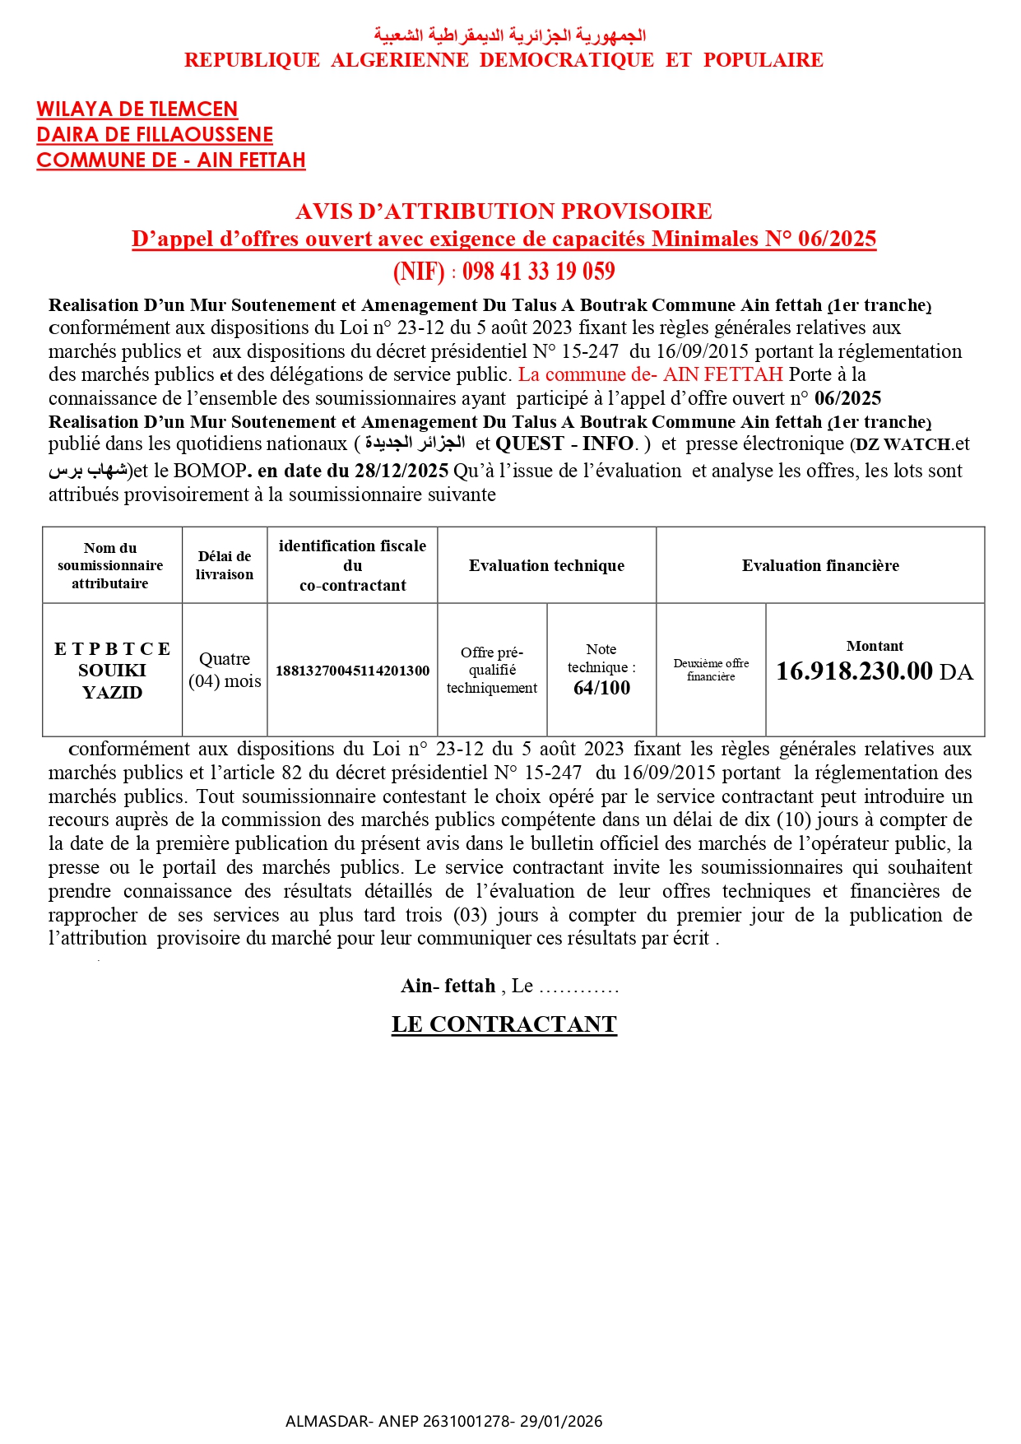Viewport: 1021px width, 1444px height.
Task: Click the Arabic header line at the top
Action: point(509,35)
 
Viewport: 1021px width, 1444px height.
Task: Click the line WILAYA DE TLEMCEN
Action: point(137,109)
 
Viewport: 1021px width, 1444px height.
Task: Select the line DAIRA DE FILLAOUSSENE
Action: point(155,135)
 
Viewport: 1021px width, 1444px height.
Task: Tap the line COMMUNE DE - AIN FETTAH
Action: point(171,160)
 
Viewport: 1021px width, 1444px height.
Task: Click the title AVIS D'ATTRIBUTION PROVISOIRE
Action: point(504,211)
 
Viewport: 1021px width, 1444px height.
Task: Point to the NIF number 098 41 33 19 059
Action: point(538,272)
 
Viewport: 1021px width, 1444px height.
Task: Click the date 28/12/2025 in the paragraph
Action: point(401,471)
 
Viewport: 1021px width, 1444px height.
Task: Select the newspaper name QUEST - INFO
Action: point(566,444)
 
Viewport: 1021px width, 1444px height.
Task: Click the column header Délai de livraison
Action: point(225,565)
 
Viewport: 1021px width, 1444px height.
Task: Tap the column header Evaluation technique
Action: point(546,565)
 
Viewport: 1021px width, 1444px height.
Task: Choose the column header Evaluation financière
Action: point(820,565)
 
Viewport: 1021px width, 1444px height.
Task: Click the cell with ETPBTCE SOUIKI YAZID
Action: point(112,671)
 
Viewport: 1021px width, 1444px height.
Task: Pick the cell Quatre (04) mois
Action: point(225,671)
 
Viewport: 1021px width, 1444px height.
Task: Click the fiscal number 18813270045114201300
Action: point(352,671)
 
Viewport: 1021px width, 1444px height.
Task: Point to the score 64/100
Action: point(601,688)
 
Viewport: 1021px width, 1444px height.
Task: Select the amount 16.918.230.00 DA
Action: point(874,671)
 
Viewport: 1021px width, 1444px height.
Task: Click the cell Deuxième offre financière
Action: point(711,670)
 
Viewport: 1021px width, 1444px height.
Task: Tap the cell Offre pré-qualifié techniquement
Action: point(492,670)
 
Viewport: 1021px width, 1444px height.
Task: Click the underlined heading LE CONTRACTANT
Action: point(504,1024)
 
